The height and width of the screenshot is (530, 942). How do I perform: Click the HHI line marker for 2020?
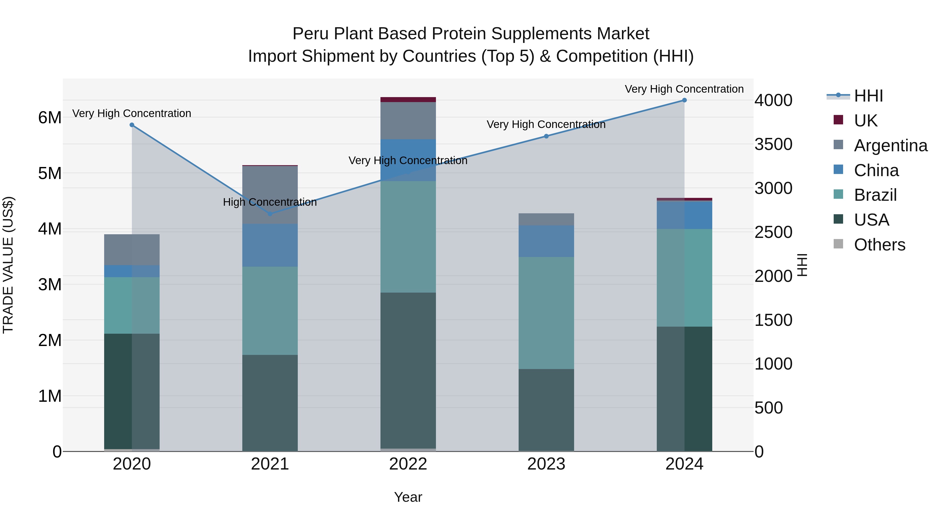tap(132, 125)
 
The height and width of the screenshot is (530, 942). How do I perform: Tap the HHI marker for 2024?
tap(684, 100)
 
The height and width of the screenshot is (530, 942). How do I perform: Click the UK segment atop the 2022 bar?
tap(408, 99)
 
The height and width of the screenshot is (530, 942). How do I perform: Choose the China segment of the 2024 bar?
tap(684, 215)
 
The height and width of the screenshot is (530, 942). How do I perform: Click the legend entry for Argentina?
tap(890, 145)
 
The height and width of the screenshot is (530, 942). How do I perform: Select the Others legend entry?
tap(879, 245)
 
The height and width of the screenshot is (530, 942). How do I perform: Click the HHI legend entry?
tap(868, 96)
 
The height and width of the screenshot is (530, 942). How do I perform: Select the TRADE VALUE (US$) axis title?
tap(8, 265)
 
